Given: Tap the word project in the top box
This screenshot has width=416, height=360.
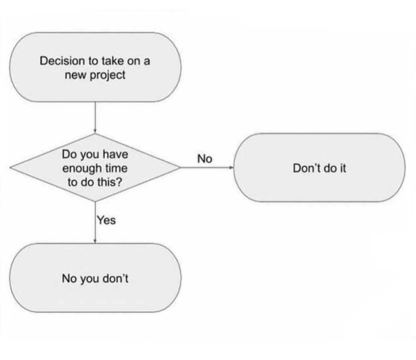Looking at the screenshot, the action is [x=108, y=75].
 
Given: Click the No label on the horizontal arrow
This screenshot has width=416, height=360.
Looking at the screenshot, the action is [x=205, y=159].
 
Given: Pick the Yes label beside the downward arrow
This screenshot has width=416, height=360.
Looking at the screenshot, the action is [x=106, y=220].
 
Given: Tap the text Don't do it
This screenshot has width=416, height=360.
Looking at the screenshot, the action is [x=319, y=168].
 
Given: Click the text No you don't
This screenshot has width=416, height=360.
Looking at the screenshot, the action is [x=95, y=278].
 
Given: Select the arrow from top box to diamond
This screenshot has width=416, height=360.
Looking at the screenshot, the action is [x=95, y=117].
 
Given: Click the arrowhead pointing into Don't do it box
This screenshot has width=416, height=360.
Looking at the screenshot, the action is [x=231, y=167].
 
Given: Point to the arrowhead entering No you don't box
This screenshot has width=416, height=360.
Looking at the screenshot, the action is [x=95, y=241].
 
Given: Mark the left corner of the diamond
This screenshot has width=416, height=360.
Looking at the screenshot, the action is [x=10, y=167].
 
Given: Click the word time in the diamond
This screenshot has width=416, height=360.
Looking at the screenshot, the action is [x=117, y=168].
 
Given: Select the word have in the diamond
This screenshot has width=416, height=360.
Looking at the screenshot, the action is [x=115, y=155].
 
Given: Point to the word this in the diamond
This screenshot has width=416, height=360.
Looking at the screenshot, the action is [x=107, y=182].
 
